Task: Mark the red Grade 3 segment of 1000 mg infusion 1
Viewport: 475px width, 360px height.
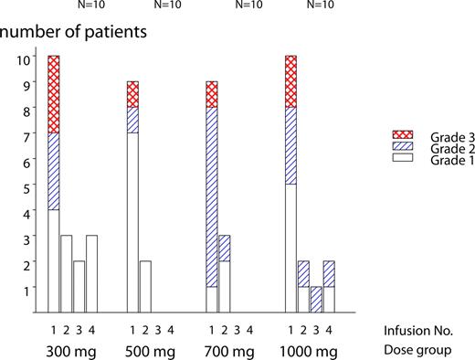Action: [290, 81]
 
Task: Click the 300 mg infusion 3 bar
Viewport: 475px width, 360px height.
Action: [79, 287]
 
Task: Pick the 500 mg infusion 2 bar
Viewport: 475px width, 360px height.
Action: [145, 287]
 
